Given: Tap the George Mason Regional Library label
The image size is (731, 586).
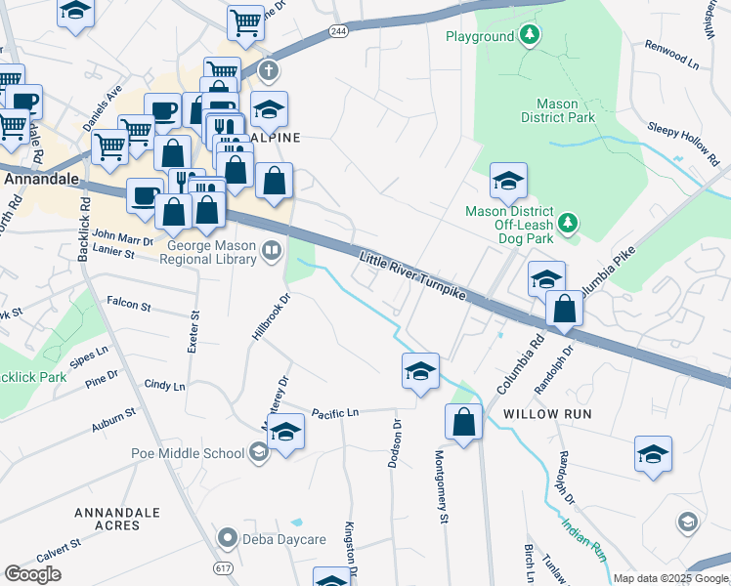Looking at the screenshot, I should pos(209,256).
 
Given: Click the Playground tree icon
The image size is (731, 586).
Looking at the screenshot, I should pos(529,36).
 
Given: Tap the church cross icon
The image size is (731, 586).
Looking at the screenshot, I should pos(269,71).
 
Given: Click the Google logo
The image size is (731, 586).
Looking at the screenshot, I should pos(32,574).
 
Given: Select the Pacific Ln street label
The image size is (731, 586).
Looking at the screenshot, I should pos(335,414).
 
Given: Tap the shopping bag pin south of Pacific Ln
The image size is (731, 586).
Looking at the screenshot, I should pos(463,422).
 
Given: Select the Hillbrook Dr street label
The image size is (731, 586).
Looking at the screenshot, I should pos(272,317).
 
